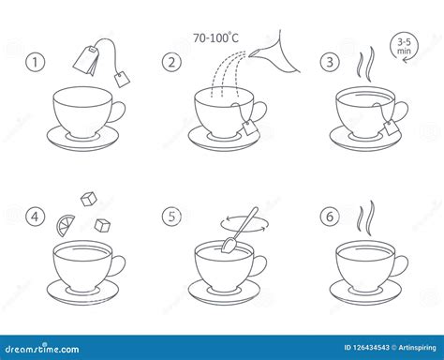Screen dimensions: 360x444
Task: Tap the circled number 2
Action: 171,64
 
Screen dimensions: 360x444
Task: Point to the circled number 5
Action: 171,217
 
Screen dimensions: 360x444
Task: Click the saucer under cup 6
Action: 370,288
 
